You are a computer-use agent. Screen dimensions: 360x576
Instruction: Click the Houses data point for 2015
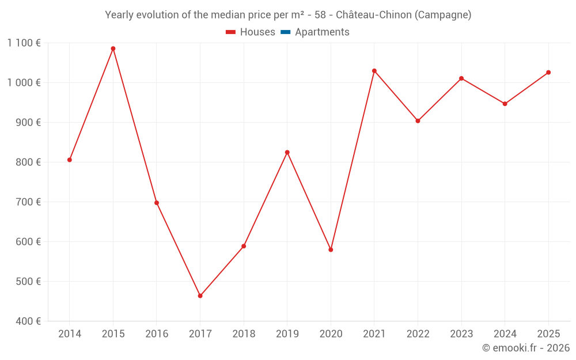point(113,48)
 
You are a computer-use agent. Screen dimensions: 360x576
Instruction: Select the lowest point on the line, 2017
point(200,295)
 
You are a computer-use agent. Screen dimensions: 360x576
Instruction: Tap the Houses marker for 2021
point(374,71)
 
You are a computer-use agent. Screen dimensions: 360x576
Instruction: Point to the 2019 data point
point(287,152)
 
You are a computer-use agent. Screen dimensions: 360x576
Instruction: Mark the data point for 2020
point(331,249)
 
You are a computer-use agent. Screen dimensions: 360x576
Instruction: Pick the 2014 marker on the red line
point(70,160)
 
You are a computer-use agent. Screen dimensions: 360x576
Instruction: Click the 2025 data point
point(548,72)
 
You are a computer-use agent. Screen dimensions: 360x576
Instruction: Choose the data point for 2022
point(418,121)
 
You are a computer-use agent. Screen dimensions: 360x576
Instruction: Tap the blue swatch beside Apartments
point(285,32)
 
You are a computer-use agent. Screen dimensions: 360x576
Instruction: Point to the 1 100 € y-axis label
point(24,43)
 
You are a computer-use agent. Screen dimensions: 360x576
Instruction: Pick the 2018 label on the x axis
point(244,334)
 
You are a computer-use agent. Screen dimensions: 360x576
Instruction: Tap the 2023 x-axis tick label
point(461,334)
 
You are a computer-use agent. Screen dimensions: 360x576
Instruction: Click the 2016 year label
point(157,334)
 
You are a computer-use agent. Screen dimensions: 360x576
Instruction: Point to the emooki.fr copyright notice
point(525,347)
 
